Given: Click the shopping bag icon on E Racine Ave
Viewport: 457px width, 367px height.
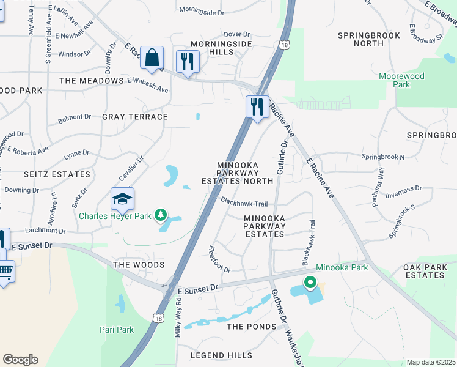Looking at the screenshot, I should pyautogui.click(x=151, y=59).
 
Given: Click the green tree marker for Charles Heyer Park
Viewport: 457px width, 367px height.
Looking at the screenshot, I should pyautogui.click(x=160, y=215).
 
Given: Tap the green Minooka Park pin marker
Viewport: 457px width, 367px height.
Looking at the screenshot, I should pyautogui.click(x=310, y=283).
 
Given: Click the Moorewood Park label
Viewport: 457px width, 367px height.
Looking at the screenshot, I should pyautogui.click(x=401, y=81).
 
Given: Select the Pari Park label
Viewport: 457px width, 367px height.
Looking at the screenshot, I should pyautogui.click(x=117, y=330).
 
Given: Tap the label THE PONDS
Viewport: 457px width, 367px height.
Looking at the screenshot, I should pyautogui.click(x=252, y=327).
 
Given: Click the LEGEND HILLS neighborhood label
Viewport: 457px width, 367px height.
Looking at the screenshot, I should pyautogui.click(x=221, y=355).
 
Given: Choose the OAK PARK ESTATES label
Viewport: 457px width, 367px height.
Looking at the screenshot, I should pyautogui.click(x=433, y=272).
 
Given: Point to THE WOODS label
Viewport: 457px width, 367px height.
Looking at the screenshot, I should pyautogui.click(x=139, y=265).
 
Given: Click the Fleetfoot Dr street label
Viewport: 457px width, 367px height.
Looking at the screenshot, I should pyautogui.click(x=219, y=260).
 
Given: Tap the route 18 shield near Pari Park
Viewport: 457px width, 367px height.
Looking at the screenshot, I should pyautogui.click(x=158, y=318).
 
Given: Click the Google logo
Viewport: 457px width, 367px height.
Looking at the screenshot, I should pyautogui.click(x=20, y=360).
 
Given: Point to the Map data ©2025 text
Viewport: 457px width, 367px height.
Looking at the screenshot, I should pyautogui.click(x=431, y=362).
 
